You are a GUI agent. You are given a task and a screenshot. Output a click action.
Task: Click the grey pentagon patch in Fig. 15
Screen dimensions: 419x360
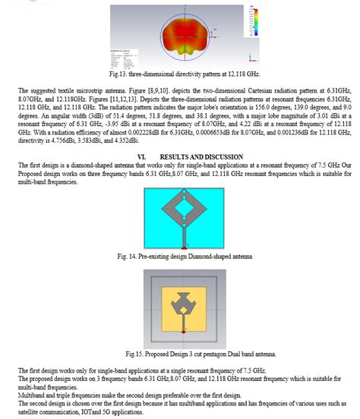tap(185, 304)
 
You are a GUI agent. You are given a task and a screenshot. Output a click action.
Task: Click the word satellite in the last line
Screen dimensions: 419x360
tap(31, 411)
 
